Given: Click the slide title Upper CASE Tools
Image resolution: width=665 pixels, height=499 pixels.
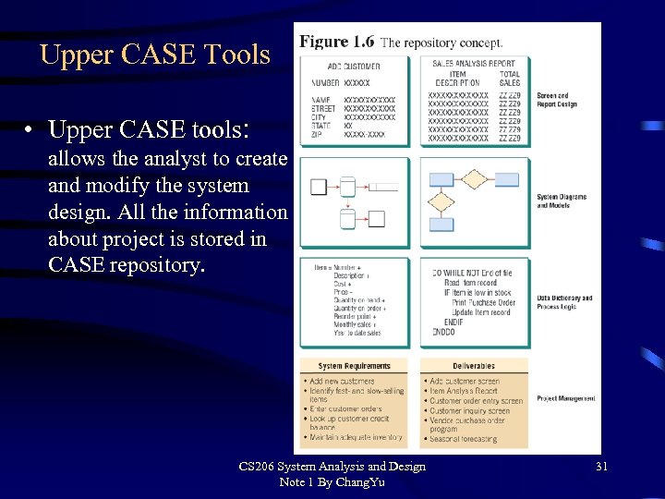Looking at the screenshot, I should [x=155, y=55].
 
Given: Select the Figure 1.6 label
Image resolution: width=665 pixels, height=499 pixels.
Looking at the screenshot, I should [x=336, y=43].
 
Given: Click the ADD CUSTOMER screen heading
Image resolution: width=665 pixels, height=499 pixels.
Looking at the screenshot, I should [x=354, y=66].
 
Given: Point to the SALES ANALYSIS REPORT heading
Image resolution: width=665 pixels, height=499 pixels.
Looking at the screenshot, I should [x=474, y=64].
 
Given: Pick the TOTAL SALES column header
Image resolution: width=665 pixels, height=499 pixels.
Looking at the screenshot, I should [x=510, y=79].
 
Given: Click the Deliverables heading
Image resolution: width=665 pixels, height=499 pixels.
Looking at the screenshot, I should [x=476, y=366].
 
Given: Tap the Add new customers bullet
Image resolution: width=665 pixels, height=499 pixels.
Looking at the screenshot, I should [x=342, y=381].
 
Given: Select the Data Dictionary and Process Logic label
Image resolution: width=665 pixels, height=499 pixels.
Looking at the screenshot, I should [x=564, y=302].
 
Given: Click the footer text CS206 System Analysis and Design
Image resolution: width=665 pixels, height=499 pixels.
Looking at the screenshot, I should [x=332, y=466].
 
